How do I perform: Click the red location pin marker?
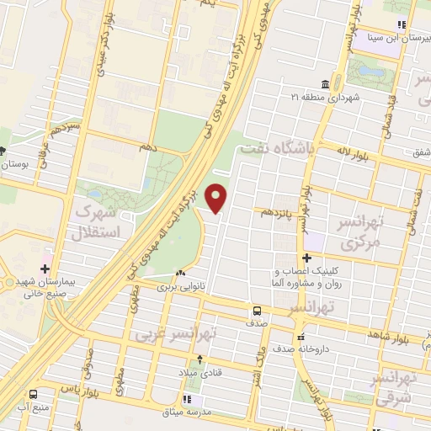(217, 199)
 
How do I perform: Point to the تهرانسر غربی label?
(178, 334)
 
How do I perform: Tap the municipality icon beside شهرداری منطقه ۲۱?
(301, 84)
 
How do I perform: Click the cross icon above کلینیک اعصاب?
(306, 258)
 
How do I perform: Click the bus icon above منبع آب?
(33, 394)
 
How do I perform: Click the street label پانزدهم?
(279, 212)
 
